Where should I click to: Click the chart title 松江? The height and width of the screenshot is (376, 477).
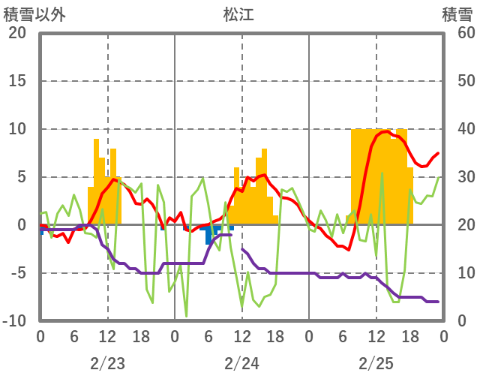(x=238, y=14)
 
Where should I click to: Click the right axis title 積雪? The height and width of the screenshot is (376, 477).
(x=457, y=14)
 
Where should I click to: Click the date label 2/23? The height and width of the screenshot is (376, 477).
(x=107, y=363)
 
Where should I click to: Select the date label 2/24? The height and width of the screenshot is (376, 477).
(x=241, y=363)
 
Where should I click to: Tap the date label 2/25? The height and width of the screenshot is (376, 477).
(x=376, y=363)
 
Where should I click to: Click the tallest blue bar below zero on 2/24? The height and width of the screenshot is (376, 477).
(x=208, y=235)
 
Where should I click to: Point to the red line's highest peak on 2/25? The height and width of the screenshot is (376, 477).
(x=385, y=131)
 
